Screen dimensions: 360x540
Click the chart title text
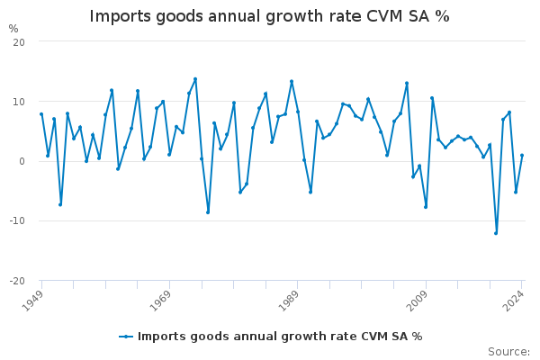[269, 16]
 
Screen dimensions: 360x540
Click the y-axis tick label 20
[19, 42]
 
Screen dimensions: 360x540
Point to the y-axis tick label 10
[19, 102]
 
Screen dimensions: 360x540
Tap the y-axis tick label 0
[22, 161]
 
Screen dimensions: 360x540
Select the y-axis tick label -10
[17, 220]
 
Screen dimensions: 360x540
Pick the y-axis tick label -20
[17, 280]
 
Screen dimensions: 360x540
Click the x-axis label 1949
[34, 300]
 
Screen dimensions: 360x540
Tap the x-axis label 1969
[162, 300]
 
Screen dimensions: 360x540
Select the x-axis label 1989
[290, 300]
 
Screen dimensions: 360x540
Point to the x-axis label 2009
[418, 300]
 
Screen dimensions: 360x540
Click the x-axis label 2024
[514, 300]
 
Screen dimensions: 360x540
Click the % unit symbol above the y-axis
[13, 29]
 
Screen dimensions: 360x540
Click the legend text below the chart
[280, 337]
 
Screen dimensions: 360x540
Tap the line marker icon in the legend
[126, 337]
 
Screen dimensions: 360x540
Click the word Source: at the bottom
[508, 352]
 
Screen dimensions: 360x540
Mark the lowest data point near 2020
[496, 233]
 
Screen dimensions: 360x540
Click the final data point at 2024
[522, 156]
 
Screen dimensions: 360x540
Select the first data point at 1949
[41, 114]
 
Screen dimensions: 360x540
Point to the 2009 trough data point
[426, 207]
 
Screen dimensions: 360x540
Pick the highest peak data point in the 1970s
[195, 79]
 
